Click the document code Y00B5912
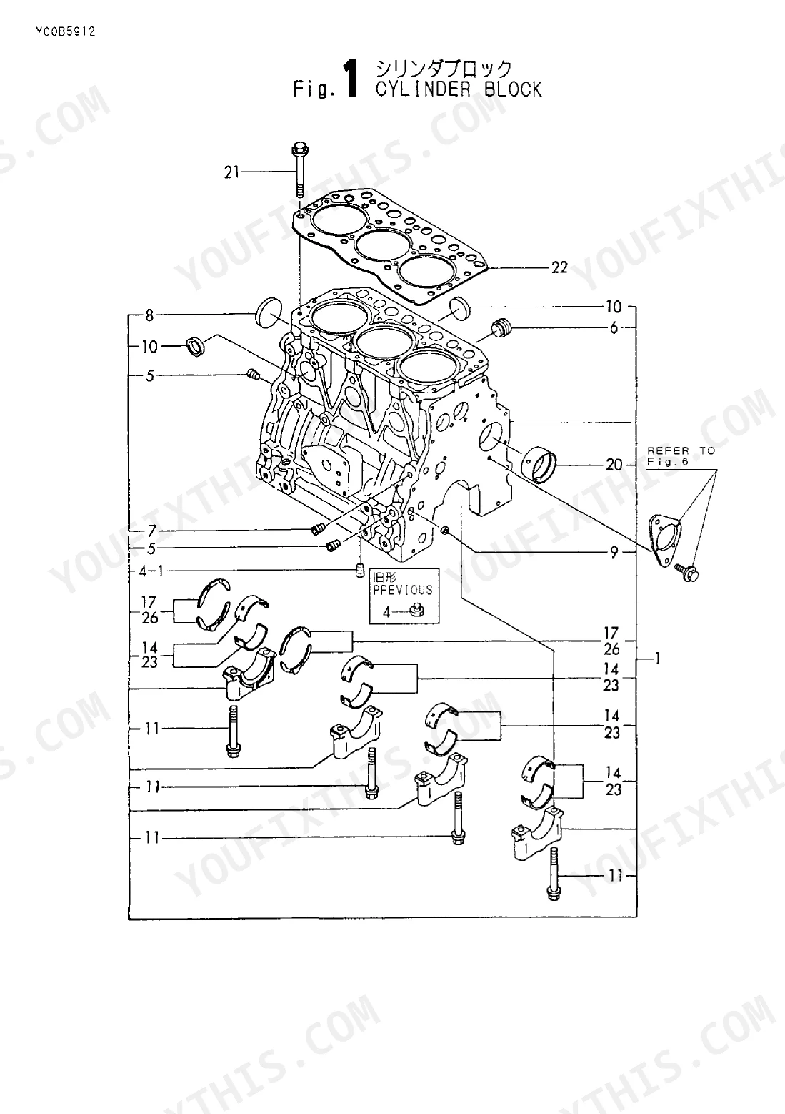coord(66,32)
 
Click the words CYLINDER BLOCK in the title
coord(458,89)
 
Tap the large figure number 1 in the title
coord(351,78)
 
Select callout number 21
coord(231,172)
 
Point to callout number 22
coord(559,267)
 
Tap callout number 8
coord(149,315)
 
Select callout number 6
coord(614,327)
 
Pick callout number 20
coord(614,465)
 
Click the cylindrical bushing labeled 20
coord(539,464)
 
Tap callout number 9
coord(614,553)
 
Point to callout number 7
coord(152,531)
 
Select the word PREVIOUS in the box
coord(403,591)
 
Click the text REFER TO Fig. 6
coord(681,456)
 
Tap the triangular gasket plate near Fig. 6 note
coord(666,541)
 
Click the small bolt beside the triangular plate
coord(687,573)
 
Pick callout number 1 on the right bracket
coord(658,659)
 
